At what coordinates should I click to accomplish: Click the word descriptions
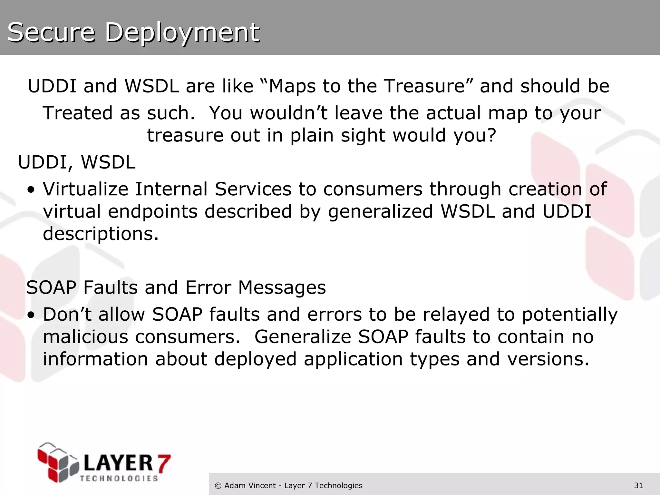click(x=101, y=234)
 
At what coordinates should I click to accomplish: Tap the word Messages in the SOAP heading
click(x=282, y=287)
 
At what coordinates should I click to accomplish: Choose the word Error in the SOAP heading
click(x=208, y=287)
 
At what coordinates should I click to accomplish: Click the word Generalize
click(x=303, y=337)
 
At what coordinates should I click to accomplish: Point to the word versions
click(x=548, y=359)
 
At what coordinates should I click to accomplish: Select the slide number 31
click(x=638, y=485)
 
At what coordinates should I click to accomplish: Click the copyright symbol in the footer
click(x=218, y=486)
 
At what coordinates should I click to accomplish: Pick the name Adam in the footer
click(x=234, y=485)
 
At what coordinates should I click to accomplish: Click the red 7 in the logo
click(x=163, y=463)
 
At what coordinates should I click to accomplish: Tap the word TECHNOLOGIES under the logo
click(x=119, y=479)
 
